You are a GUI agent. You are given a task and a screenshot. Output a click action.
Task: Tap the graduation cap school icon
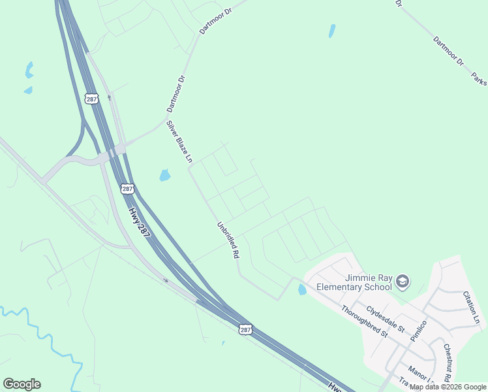pos(403,282)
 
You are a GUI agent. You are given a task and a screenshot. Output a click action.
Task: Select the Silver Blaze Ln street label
pos(179,140)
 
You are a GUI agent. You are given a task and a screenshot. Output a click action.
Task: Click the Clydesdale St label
pos(386,318)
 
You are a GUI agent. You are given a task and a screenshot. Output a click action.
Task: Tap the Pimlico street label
pos(418,331)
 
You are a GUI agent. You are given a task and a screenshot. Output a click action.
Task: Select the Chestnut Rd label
pos(448,363)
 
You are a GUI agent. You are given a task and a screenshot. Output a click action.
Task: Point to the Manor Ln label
pos(422,378)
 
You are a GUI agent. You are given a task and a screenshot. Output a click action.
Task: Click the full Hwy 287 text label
pos(138,223)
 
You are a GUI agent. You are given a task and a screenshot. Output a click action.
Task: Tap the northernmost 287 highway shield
pos(91,98)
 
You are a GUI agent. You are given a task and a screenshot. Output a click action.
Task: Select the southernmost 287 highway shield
pos(243,330)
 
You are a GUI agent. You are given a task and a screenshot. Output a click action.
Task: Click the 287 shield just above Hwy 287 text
pos(127,188)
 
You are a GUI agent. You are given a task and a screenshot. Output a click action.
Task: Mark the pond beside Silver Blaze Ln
pos(164,175)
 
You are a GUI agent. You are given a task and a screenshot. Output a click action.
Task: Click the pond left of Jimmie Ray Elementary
pos(302,289)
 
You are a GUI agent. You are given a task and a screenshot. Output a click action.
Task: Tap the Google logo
pos(22,384)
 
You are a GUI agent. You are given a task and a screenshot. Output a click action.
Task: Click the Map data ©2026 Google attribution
pos(448,387)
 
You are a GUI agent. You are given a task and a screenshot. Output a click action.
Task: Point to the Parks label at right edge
pos(480,78)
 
